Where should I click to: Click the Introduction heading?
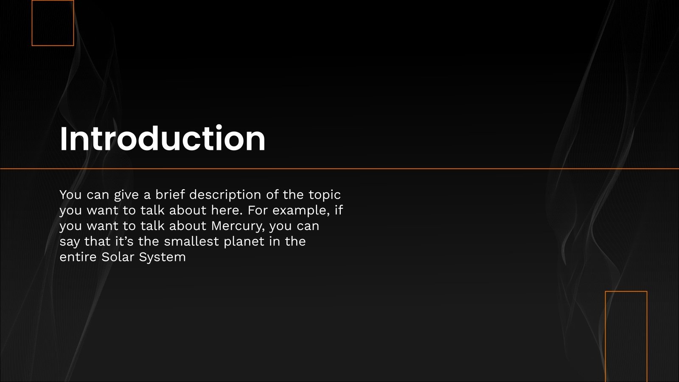click(163, 138)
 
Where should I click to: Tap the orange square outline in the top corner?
click(53, 23)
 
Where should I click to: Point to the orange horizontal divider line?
click(339, 169)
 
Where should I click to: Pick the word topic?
click(324, 195)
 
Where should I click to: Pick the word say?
click(70, 242)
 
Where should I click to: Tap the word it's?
click(124, 242)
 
